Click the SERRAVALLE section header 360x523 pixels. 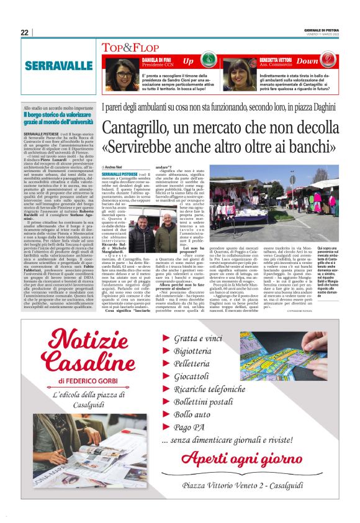[x=58, y=65]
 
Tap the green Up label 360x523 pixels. [x=188, y=61]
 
